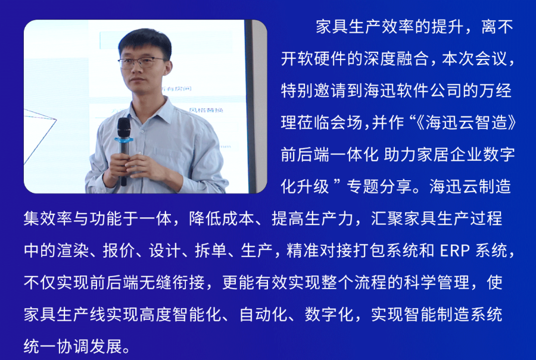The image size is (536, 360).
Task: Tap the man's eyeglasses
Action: [x=142, y=61]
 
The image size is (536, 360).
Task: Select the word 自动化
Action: [x=264, y=314]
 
